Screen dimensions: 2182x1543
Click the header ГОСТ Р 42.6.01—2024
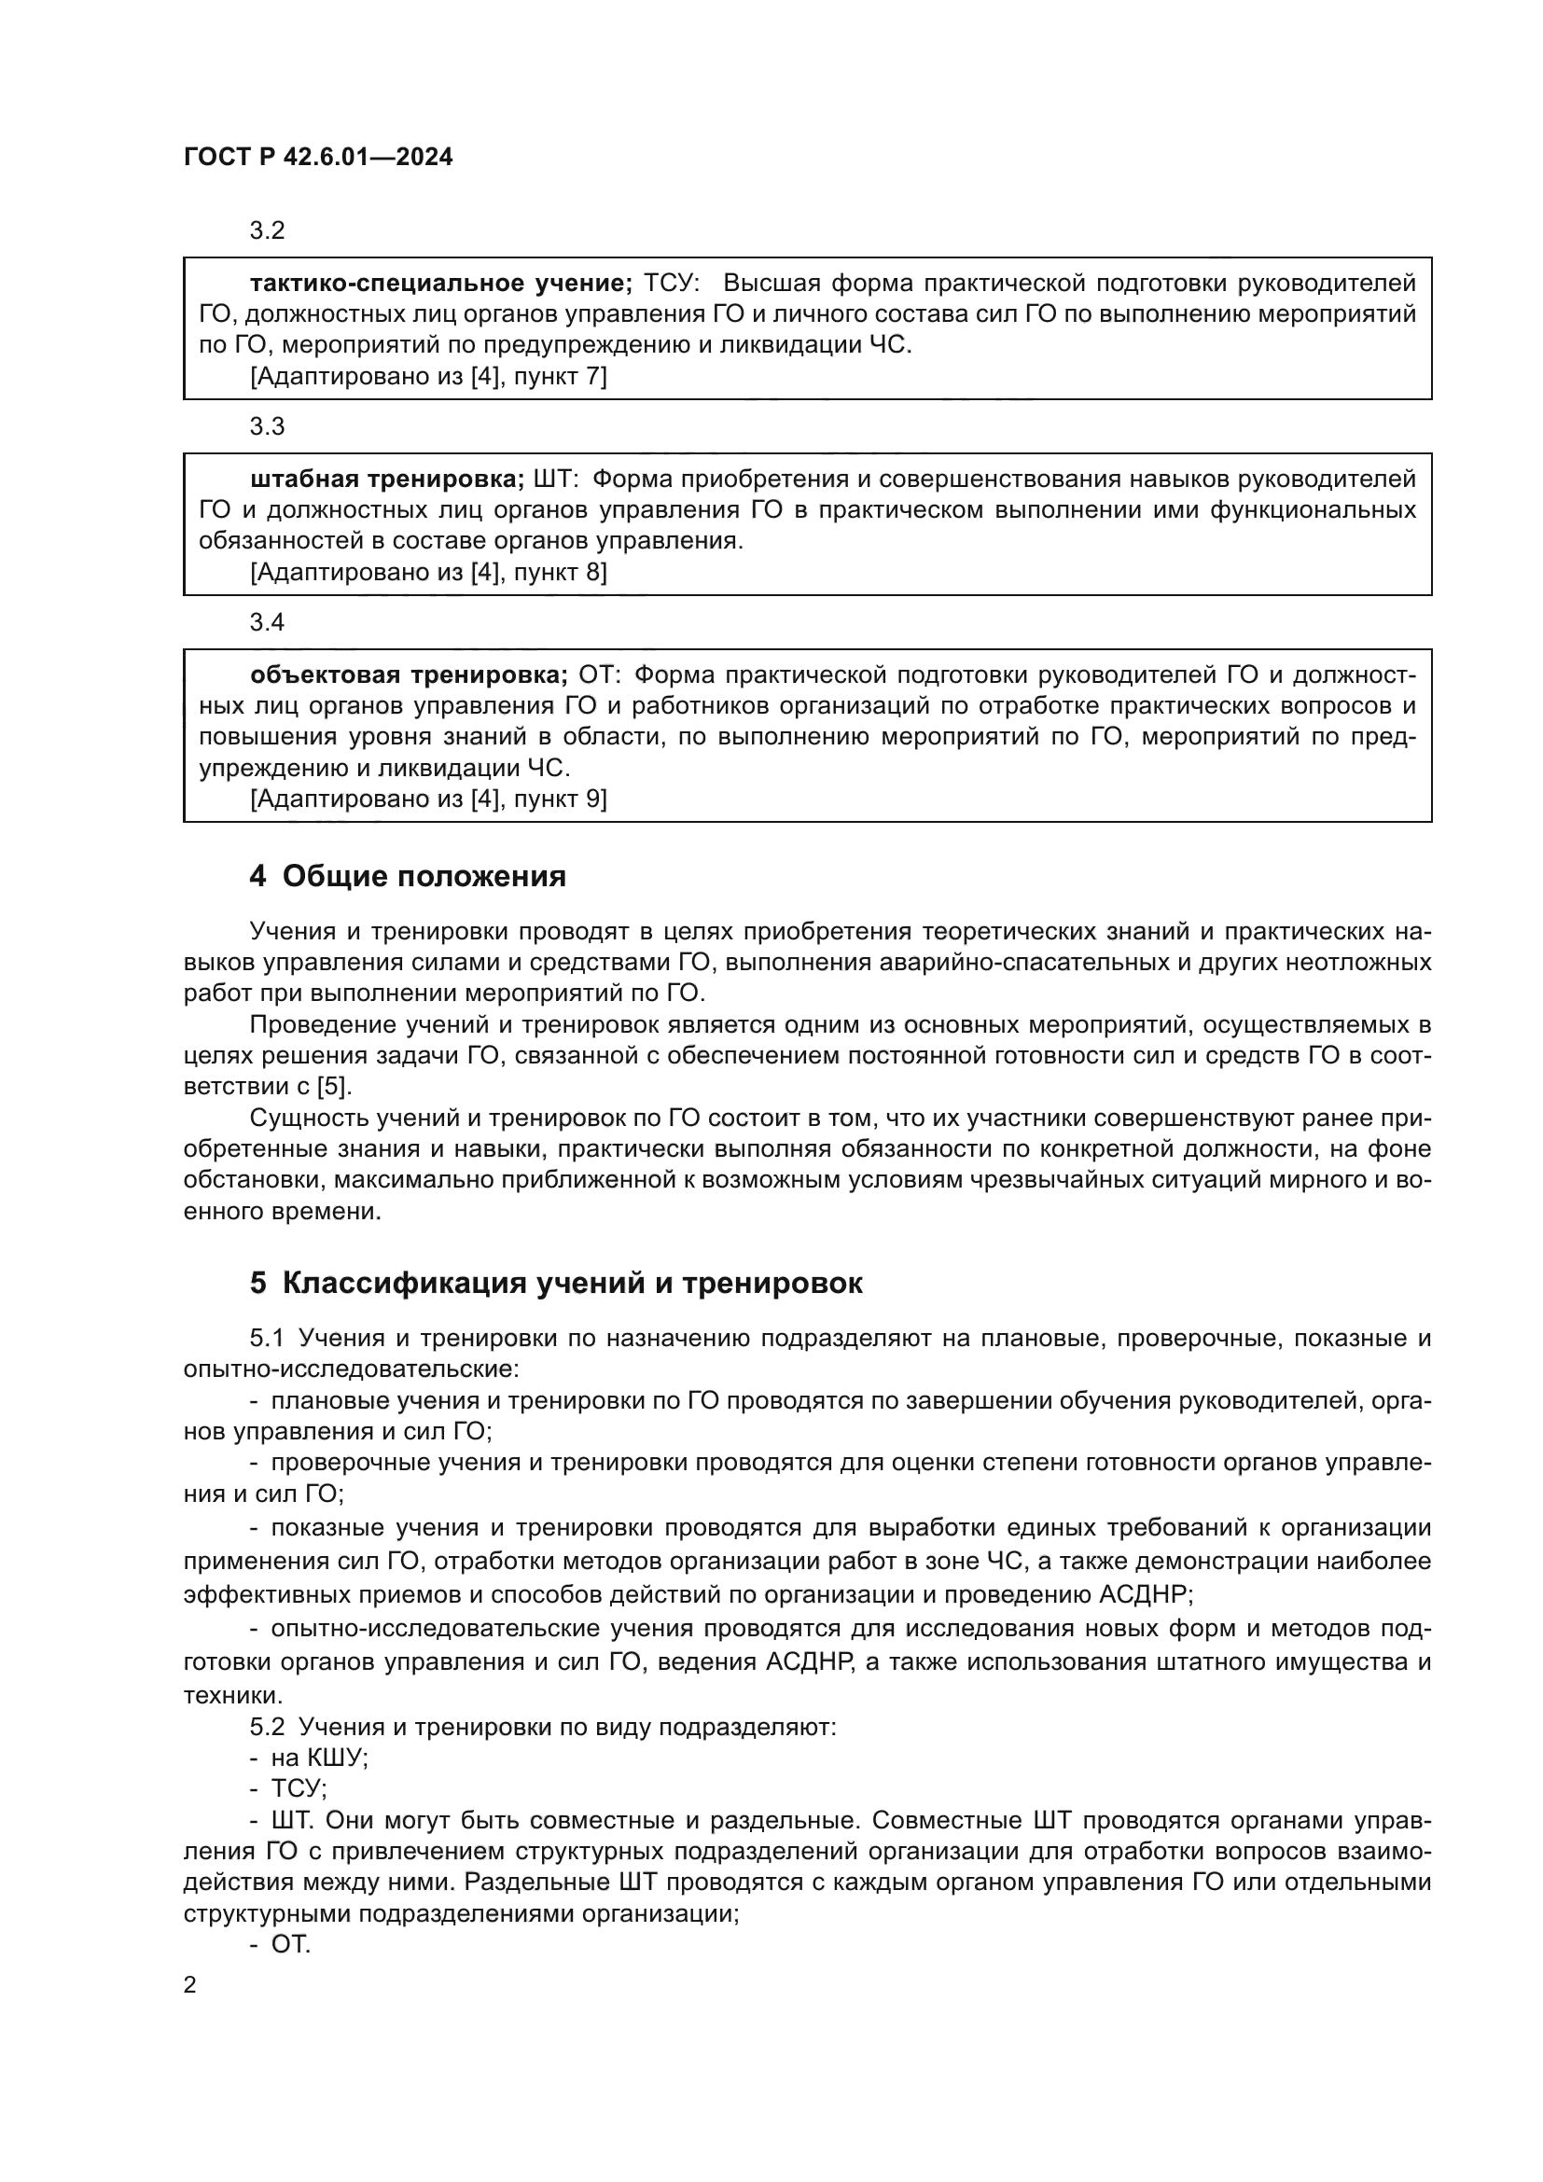317,158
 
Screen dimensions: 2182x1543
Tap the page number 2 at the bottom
190,1984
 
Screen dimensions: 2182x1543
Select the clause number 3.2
267,231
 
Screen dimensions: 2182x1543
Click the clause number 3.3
267,426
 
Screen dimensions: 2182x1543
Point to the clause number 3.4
267,622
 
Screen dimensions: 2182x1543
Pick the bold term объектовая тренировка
409,674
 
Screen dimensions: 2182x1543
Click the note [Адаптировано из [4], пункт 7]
427,376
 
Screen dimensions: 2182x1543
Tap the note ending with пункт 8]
427,572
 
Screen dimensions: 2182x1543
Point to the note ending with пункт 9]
427,799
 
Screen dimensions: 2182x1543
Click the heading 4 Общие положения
408,876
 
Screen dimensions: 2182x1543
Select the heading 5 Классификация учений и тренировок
556,1283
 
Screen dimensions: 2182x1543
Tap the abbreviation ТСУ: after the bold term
672,284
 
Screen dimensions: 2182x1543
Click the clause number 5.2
267,1726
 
